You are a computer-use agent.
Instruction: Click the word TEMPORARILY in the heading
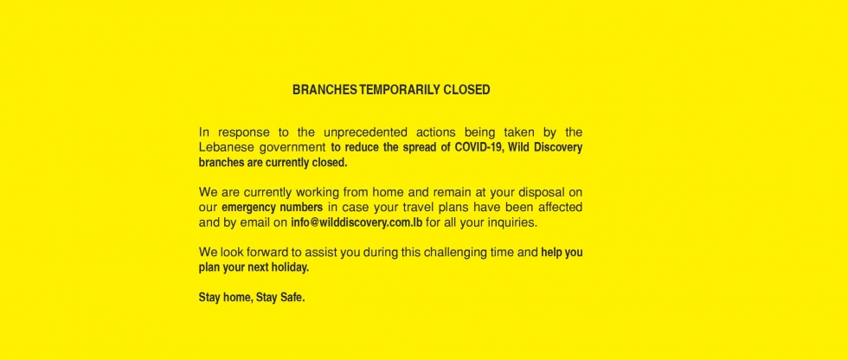[x=400, y=90]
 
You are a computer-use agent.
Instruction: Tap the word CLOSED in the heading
[x=466, y=90]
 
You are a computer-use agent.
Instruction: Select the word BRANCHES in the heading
[x=324, y=90]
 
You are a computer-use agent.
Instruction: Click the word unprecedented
[x=365, y=132]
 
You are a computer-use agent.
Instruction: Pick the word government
[x=292, y=148]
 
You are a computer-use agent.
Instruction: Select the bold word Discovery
[x=558, y=148]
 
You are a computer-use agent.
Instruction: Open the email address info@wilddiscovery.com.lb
[x=357, y=222]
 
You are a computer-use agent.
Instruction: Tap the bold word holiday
[x=292, y=267]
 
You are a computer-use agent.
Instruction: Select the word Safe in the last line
[x=292, y=298]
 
